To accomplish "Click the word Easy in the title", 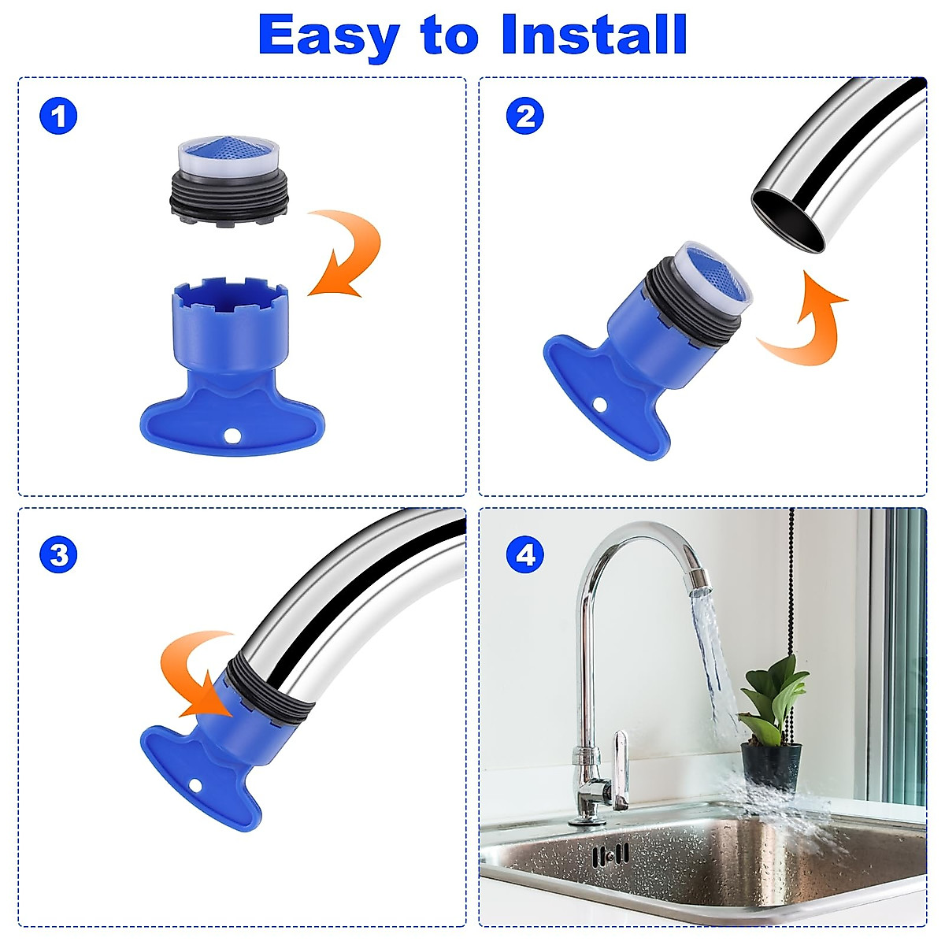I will pos(328,35).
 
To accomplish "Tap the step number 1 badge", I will pos(58,117).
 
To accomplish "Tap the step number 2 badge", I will pos(525,117).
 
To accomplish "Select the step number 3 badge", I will pos(58,555).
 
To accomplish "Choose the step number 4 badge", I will pos(525,555).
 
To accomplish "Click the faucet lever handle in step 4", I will pos(621,768).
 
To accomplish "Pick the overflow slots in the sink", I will pos(611,854).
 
